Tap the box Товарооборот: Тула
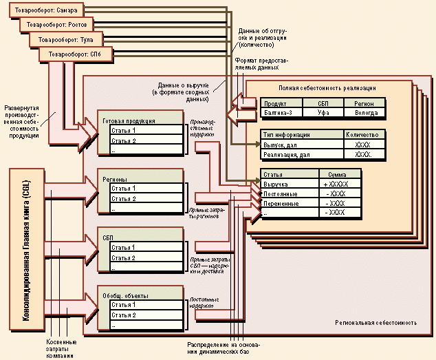pyautogui.click(x=67, y=39)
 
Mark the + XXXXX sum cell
pyautogui.click(x=336, y=184)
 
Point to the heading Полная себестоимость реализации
pyautogui.click(x=327, y=88)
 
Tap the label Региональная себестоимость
pyautogui.click(x=375, y=322)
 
